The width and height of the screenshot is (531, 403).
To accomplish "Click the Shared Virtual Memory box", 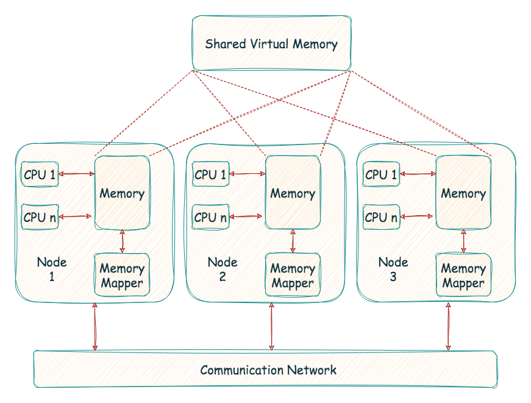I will point(271,43).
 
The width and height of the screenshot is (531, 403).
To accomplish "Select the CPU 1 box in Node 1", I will point(40,176).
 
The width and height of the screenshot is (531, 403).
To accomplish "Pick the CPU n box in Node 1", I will point(40,217).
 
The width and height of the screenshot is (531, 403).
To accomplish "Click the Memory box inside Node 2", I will point(293,193).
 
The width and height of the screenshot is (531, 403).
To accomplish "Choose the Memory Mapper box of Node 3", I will point(463,276).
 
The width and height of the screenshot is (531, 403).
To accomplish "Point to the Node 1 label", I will point(52,269).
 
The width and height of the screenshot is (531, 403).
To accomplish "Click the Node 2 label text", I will point(223,269).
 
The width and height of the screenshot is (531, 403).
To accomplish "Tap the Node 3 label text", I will point(393,269).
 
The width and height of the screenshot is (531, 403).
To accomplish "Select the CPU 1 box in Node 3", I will point(381,176).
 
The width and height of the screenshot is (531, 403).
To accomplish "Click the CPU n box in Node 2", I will point(210,217).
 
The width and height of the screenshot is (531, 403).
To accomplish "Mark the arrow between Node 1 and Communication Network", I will point(95,326).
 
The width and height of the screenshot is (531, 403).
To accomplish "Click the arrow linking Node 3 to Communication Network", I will point(449,326).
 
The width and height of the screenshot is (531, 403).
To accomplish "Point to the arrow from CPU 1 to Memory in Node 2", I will point(248,174).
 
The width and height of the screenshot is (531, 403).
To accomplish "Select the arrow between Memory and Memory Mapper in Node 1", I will point(123,241).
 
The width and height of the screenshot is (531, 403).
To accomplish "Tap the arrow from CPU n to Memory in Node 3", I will point(418,216).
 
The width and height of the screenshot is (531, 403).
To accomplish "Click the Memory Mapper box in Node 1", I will point(122,276).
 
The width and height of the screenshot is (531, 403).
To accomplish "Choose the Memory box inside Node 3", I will point(463,193).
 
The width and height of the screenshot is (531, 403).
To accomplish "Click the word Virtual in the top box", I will point(274,44).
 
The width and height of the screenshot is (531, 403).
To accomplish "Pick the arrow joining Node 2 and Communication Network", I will point(271,326).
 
